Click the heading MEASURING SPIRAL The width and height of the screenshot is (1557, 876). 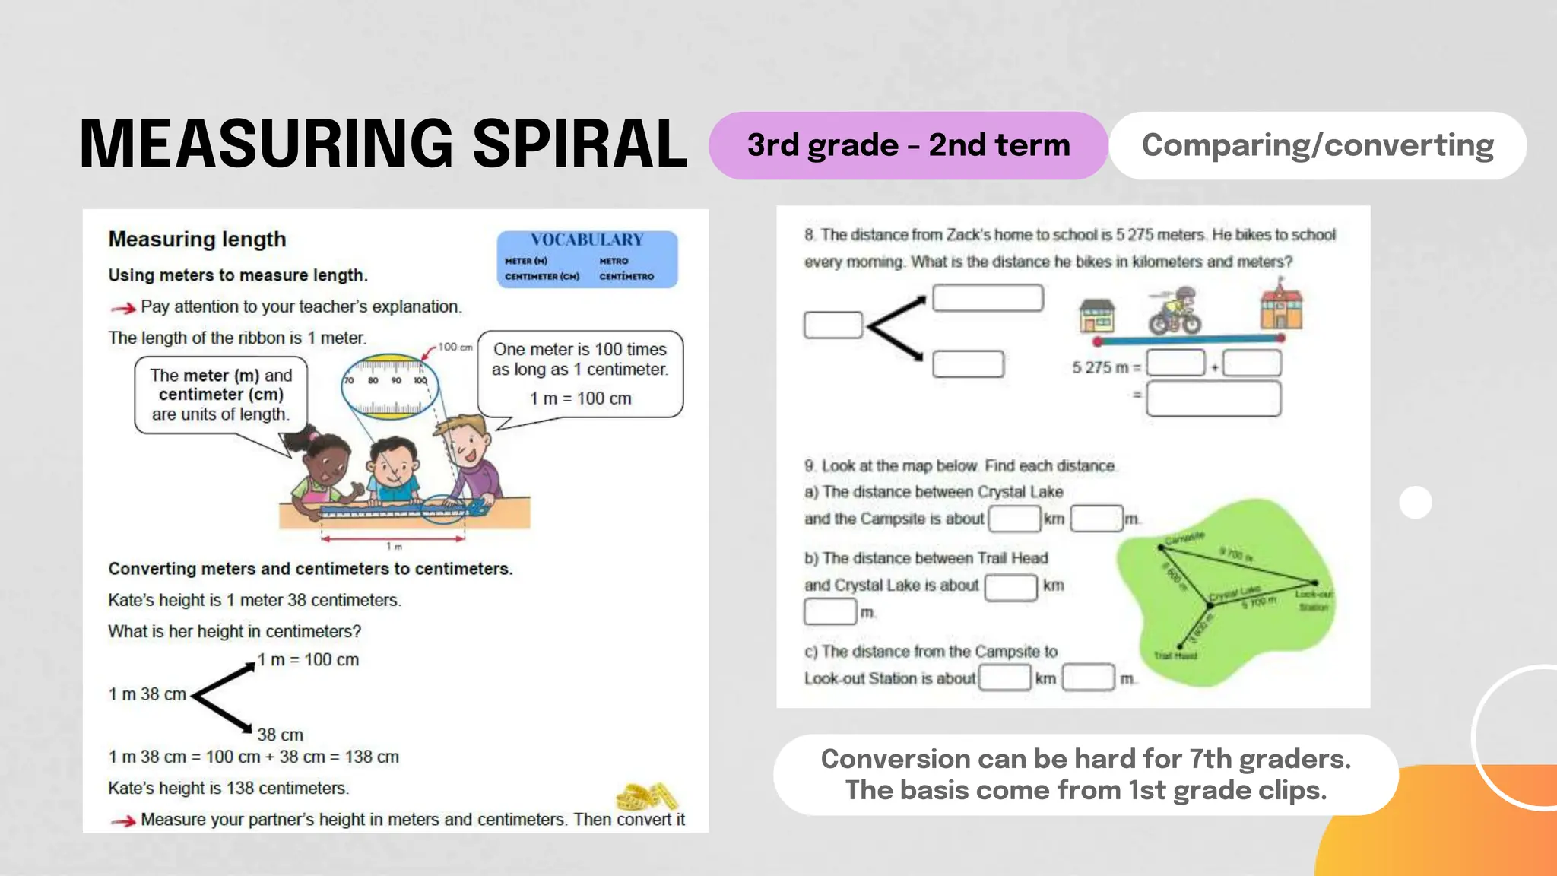click(383, 144)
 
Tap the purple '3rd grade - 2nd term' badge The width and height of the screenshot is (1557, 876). click(908, 145)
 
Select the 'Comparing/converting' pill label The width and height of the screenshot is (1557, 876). click(1318, 145)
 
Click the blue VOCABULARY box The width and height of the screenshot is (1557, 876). click(587, 259)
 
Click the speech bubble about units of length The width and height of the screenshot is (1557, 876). click(220, 395)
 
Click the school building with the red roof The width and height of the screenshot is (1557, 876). click(1281, 306)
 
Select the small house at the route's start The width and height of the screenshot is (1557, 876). click(1097, 315)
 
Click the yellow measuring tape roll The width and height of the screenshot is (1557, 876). click(646, 795)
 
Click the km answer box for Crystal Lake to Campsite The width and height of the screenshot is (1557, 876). click(1014, 519)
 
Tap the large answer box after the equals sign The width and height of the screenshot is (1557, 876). click(1213, 398)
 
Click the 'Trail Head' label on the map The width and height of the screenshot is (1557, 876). click(1175, 655)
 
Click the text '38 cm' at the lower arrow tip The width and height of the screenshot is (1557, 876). click(280, 735)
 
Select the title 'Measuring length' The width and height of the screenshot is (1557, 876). click(198, 240)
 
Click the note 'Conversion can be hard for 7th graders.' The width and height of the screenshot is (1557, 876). click(1086, 759)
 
